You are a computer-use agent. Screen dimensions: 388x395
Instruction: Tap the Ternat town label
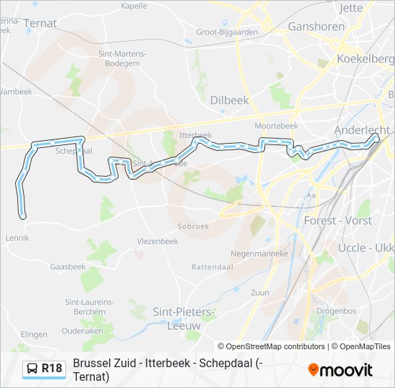click(x=40, y=23)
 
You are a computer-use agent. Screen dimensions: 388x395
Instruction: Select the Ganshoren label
click(x=316, y=27)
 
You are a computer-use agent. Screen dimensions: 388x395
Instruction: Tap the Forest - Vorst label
click(x=338, y=220)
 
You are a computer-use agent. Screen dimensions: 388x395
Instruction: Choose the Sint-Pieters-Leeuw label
click(x=184, y=318)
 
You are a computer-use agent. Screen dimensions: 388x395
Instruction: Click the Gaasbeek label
click(x=68, y=266)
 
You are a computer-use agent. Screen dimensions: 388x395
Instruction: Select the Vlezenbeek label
click(x=157, y=241)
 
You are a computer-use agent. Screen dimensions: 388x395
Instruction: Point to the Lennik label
click(x=17, y=237)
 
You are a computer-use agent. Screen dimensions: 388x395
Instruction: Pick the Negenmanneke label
click(x=259, y=254)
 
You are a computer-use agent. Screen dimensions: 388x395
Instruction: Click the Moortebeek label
click(x=276, y=125)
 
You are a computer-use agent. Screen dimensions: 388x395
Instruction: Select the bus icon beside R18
click(x=32, y=369)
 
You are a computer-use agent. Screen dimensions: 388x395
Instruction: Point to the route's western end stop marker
click(x=23, y=216)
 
